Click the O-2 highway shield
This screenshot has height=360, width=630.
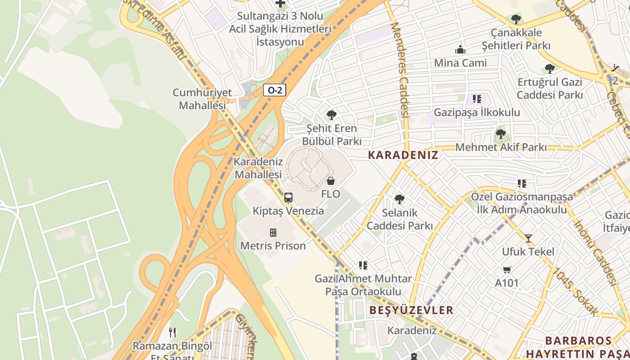click(x=274, y=90)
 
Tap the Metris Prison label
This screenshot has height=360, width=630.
click(x=273, y=246)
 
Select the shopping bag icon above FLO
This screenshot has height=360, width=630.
click(x=331, y=181)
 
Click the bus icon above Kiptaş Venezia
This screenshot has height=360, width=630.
click(x=288, y=198)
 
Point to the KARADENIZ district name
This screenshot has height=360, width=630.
click(x=403, y=155)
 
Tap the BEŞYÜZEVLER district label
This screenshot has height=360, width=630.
click(x=411, y=310)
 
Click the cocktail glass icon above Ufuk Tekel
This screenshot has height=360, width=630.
click(x=528, y=238)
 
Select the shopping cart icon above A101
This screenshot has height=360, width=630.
click(x=507, y=270)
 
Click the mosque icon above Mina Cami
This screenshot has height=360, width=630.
click(x=460, y=49)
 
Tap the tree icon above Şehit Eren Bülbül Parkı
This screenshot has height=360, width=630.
click(x=332, y=115)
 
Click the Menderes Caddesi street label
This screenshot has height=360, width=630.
click(x=400, y=70)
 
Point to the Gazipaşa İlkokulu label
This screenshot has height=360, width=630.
click(x=477, y=112)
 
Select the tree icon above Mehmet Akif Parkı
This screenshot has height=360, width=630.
click(x=500, y=134)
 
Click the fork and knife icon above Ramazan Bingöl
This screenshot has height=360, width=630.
click(x=172, y=333)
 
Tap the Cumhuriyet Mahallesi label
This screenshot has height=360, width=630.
click(x=202, y=99)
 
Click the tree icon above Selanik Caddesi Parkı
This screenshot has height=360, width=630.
click(x=399, y=199)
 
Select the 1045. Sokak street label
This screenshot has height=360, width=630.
click(x=576, y=292)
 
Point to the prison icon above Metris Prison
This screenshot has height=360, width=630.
click(x=273, y=233)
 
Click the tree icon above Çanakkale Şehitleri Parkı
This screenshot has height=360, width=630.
click(x=516, y=19)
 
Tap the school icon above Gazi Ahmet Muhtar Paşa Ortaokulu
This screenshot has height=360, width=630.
click(x=363, y=265)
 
